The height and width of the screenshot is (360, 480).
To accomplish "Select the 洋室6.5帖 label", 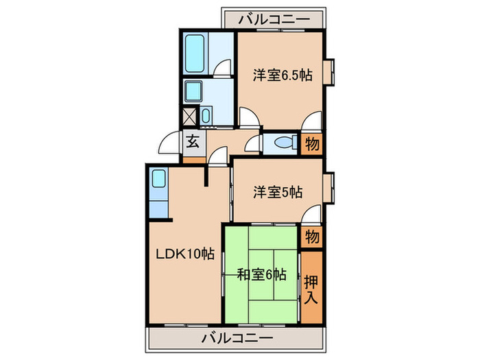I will (281, 75).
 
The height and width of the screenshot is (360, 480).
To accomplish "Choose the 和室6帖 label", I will (261, 275).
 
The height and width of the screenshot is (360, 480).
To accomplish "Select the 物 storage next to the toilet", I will (311, 143).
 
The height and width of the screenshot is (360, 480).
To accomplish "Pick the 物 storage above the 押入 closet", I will (311, 237).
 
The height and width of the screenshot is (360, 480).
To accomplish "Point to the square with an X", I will (189, 116).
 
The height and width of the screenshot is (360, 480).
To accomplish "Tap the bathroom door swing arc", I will (224, 69).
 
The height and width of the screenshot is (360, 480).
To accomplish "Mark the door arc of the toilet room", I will (254, 143).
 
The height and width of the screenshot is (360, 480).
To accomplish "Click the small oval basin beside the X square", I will (207, 115).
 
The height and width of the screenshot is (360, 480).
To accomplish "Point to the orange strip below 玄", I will (193, 160).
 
